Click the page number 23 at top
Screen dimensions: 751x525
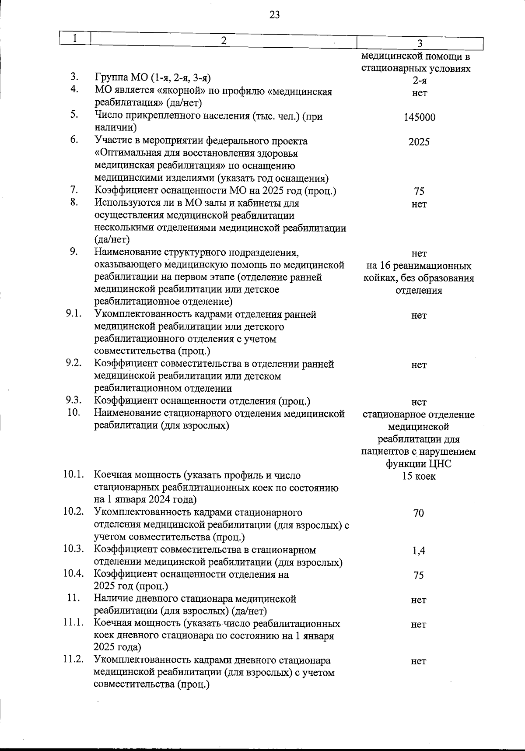(x=275, y=15)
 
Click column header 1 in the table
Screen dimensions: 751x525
(x=75, y=39)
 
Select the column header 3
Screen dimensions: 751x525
(x=419, y=43)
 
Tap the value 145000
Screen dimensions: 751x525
(x=419, y=117)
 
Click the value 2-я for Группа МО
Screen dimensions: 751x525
(x=419, y=81)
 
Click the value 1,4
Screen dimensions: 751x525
(x=419, y=551)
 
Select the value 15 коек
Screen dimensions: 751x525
(x=419, y=476)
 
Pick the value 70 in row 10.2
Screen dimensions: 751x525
(x=419, y=513)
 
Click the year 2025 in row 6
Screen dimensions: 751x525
(x=419, y=142)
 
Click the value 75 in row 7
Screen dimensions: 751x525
(x=419, y=192)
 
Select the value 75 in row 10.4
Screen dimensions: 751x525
(x=419, y=576)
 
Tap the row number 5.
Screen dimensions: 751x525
(x=74, y=115)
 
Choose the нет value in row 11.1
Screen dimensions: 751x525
(x=419, y=625)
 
